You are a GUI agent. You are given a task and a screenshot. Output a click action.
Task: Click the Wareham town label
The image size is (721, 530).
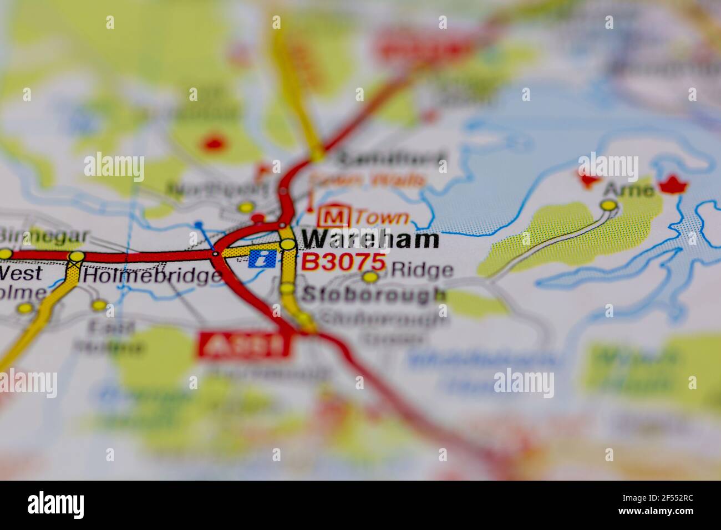click(x=370, y=239)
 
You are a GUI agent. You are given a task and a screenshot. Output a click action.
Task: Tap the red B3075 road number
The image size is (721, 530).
click(x=343, y=262)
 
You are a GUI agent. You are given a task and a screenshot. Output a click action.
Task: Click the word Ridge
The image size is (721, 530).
click(x=422, y=271)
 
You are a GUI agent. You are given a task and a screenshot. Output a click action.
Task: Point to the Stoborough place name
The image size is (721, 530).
click(x=373, y=294)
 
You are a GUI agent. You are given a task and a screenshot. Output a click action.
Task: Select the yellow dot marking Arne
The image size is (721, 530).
click(x=609, y=206)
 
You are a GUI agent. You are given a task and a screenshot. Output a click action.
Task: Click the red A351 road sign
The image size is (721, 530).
click(x=245, y=345)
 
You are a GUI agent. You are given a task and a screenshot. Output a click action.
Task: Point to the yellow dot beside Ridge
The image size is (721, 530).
click(x=370, y=277)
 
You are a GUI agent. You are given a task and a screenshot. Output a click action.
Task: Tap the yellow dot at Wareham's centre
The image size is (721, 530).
click(x=287, y=244)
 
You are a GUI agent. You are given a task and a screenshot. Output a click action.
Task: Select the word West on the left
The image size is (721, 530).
click(x=21, y=273)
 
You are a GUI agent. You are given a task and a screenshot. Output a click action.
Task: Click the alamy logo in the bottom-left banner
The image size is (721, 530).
click(x=55, y=504)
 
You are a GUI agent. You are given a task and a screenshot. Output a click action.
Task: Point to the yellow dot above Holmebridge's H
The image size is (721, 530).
click(x=77, y=257)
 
